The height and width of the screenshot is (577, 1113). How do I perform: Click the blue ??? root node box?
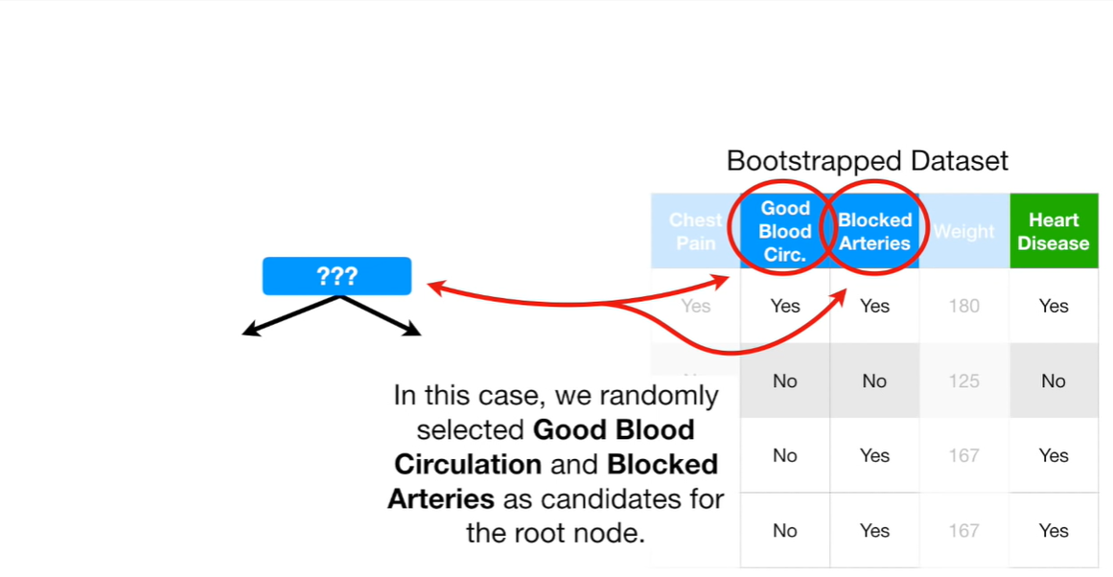[x=336, y=276]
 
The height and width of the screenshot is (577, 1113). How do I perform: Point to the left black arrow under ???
[x=288, y=315]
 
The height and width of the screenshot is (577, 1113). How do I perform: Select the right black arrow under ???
[x=383, y=315]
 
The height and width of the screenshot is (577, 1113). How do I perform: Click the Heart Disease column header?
[x=1053, y=231]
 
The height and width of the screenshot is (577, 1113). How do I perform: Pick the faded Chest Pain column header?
[x=696, y=231]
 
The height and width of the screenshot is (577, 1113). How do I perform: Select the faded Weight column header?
[x=963, y=231]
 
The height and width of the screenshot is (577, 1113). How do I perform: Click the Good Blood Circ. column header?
[x=785, y=231]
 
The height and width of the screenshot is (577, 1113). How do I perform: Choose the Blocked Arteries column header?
[x=874, y=231]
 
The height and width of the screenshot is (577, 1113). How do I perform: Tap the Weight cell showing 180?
[x=963, y=306]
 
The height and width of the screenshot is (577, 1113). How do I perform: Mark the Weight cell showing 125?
[x=963, y=381]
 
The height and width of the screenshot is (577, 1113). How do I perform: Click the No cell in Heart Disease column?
[x=1053, y=381]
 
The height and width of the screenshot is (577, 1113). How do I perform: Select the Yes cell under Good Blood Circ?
[x=785, y=306]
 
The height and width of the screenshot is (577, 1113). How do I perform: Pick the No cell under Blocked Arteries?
[x=874, y=381]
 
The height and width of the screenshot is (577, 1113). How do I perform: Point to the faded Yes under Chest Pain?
[x=696, y=306]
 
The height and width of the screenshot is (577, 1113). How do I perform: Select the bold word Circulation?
[x=468, y=464]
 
